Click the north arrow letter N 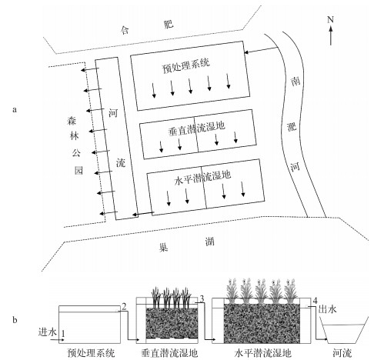pyautogui.click(x=330, y=19)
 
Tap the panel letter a pyautogui.click(x=15, y=110)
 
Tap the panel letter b pyautogui.click(x=15, y=320)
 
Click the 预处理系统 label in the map pyautogui.click(x=186, y=66)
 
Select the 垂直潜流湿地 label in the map pyautogui.click(x=196, y=128)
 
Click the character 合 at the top pyautogui.click(x=124, y=30)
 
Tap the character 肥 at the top pyautogui.click(x=169, y=25)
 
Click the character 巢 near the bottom pyautogui.click(x=163, y=248)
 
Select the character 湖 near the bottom pyautogui.click(x=209, y=242)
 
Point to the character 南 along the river pyautogui.click(x=296, y=82)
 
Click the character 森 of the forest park pyautogui.click(x=72, y=121)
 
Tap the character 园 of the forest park pyautogui.click(x=78, y=170)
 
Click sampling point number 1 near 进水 pyautogui.click(x=63, y=333)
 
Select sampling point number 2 pyautogui.click(x=124, y=306)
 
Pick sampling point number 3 pyautogui.click(x=202, y=298)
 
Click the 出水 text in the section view pyautogui.click(x=327, y=309)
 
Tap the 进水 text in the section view pyautogui.click(x=48, y=332)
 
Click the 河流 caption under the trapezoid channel pyautogui.click(x=342, y=353)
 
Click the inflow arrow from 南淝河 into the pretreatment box pyautogui.click(x=261, y=50)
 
